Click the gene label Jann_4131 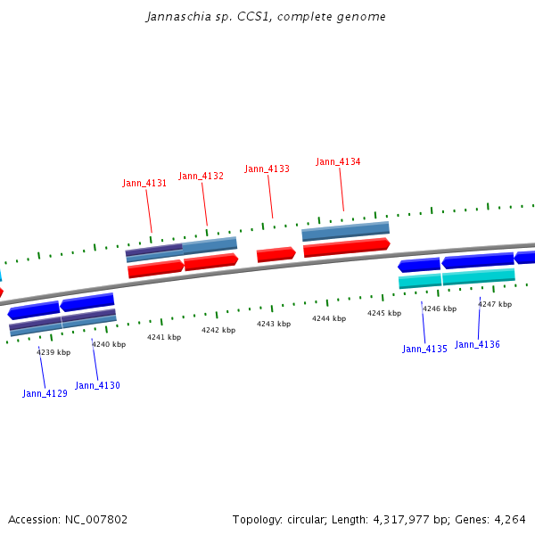[144, 183]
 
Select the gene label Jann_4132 [201, 176]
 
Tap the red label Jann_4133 [267, 169]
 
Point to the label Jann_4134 [338, 161]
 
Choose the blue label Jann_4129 [45, 393]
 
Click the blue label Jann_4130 [97, 385]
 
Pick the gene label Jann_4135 [424, 349]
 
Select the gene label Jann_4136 [477, 344]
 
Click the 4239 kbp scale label [53, 352]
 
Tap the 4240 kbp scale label [109, 344]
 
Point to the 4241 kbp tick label [164, 337]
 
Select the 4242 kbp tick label [218, 330]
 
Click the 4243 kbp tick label [274, 324]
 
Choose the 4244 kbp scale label [329, 318]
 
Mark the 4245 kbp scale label [384, 313]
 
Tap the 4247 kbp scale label [495, 304]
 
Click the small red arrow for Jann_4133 [276, 254]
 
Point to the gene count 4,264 [509, 519]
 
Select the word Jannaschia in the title [173, 17]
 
